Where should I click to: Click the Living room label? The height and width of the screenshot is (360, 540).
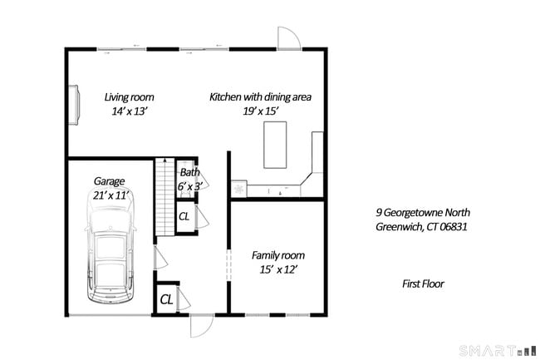point(129,96)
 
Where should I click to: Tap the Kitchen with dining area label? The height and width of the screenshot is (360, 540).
point(260,96)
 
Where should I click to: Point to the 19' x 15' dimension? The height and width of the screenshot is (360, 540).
point(260,111)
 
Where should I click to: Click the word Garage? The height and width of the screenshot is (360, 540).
point(109,180)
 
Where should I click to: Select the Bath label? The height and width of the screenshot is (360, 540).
point(189,173)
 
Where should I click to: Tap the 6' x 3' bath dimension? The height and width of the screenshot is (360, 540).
point(189,187)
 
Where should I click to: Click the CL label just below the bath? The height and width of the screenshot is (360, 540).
point(184,216)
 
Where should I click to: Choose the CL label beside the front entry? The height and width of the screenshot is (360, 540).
point(166,298)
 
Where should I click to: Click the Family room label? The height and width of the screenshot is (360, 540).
point(277,255)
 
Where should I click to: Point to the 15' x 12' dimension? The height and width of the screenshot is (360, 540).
point(277,269)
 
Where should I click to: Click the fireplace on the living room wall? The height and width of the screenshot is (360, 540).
point(75,105)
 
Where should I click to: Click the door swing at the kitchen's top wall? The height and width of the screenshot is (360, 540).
point(288,38)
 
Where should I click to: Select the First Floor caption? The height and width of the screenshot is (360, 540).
point(422,284)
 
